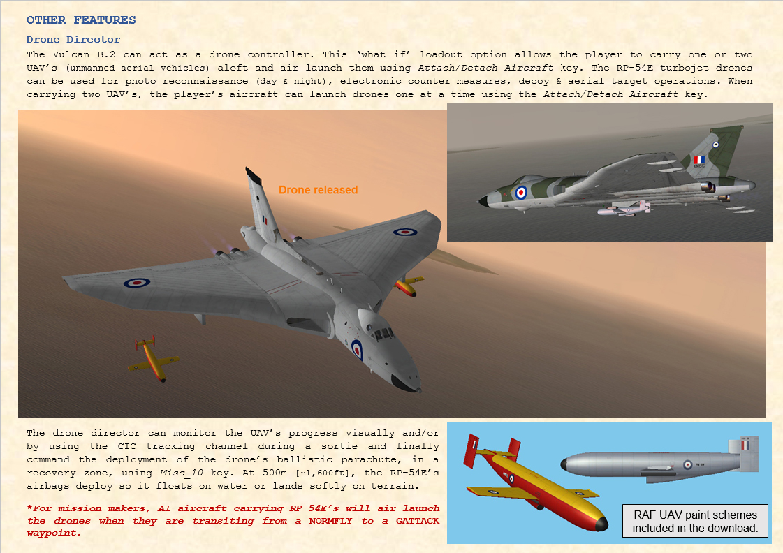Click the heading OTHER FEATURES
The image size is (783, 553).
81,20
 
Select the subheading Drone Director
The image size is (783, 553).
73,39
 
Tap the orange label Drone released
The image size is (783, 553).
318,190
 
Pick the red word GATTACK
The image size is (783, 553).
411,520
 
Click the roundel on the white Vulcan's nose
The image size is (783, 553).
356,349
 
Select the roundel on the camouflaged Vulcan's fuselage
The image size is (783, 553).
520,192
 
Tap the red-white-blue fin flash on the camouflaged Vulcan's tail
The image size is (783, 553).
699,160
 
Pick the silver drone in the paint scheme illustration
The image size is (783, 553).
657,464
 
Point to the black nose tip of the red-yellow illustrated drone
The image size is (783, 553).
601,524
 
